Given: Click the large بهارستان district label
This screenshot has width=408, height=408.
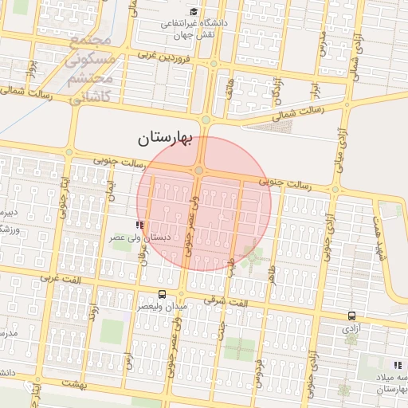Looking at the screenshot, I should point(165,139).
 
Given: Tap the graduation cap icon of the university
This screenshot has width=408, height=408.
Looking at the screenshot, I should point(194,11).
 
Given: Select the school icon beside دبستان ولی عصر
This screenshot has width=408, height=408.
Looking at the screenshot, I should point(140,225).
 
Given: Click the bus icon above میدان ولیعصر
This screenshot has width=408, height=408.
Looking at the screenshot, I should point(163,294).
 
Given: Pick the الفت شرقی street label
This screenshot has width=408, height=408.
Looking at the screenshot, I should point(226,300).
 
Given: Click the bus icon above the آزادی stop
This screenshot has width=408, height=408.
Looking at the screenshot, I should point(351,316).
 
